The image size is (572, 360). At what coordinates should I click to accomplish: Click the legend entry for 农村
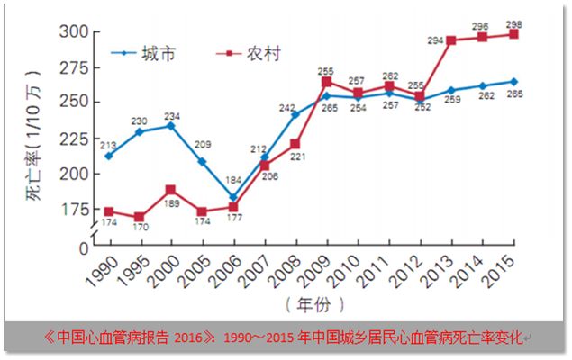point(263,53)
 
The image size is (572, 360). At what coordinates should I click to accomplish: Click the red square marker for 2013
point(450,40)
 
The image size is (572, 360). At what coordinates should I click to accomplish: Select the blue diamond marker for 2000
point(171,125)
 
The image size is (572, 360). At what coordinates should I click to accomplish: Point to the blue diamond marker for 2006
point(233,197)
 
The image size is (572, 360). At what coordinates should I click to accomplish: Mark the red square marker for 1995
point(140,217)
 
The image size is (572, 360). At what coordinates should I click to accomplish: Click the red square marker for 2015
point(513,34)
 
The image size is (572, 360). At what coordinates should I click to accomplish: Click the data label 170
point(140,230)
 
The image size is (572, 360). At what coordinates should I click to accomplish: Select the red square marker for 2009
point(327,82)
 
